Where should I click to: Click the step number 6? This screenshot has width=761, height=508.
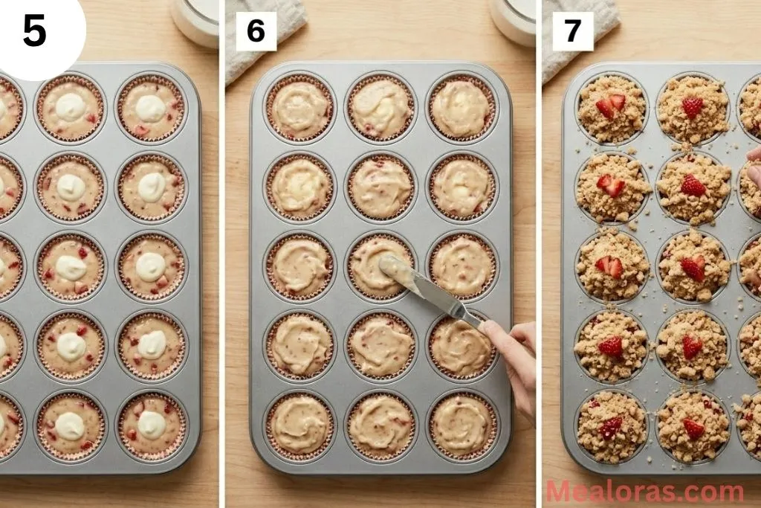coord(256,31)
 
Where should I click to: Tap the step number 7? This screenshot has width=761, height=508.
coord(572,31)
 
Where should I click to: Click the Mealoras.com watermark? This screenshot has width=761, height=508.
coord(644,492)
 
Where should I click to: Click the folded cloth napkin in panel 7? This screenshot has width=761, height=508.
coord(580,33)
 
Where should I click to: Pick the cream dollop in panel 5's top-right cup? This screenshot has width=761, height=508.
coord(150,108)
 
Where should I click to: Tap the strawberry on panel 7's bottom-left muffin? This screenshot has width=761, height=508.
coord(611,428)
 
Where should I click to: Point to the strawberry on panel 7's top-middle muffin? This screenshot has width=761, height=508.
coord(693,106)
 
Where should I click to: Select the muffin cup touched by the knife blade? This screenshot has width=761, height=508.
coord(381,266)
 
